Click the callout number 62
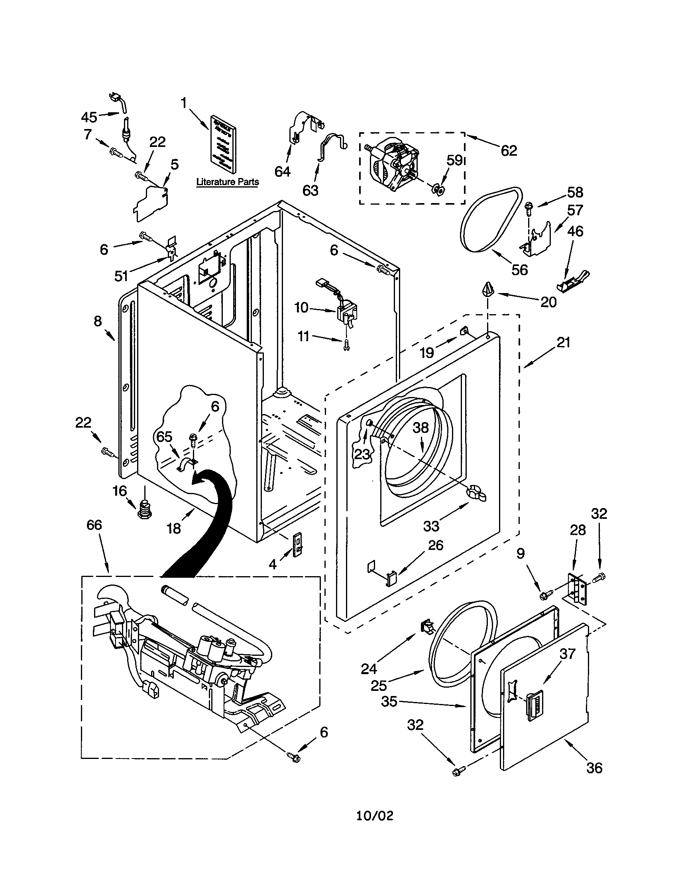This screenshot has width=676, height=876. [x=509, y=151]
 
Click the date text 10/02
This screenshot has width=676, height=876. [x=375, y=815]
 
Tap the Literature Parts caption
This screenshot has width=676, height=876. [x=227, y=182]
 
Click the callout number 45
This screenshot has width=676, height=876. [x=89, y=117]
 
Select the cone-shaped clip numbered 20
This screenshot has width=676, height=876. [x=487, y=289]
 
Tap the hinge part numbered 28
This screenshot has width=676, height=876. [x=577, y=589]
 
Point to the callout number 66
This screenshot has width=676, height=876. [x=94, y=525]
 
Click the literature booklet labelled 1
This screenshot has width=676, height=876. [x=222, y=144]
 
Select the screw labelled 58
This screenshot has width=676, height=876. [x=528, y=207]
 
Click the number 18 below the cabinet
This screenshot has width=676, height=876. [x=174, y=528]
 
